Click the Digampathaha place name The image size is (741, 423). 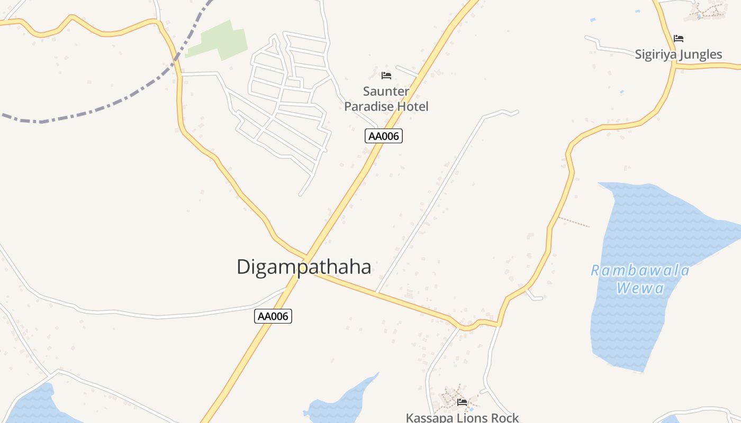pyautogui.click(x=304, y=267)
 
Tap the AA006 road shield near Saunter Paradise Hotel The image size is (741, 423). pyautogui.click(x=384, y=136)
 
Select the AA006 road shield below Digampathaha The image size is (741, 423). pyautogui.click(x=273, y=316)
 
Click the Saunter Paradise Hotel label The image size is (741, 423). pyautogui.click(x=386, y=99)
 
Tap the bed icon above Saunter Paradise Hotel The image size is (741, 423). pyautogui.click(x=386, y=76)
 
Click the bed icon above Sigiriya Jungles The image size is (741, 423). pyautogui.click(x=679, y=39)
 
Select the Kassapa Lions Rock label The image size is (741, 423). pyautogui.click(x=462, y=418)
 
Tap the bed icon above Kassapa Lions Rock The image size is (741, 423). pyautogui.click(x=462, y=402)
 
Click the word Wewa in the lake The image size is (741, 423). pyautogui.click(x=640, y=288)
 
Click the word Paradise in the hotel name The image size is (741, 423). pyautogui.click(x=369, y=106)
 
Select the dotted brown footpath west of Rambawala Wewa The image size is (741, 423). pyautogui.click(x=574, y=222)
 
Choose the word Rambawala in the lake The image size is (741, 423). pyautogui.click(x=640, y=271)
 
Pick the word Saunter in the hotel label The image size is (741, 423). pyautogui.click(x=386, y=91)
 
